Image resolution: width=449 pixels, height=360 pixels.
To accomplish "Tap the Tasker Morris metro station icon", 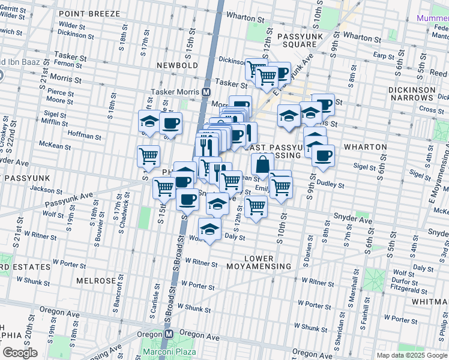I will [206, 92].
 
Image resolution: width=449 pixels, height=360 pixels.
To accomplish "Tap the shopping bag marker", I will [262, 164].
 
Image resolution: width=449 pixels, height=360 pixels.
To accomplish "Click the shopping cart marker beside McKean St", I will [148, 156].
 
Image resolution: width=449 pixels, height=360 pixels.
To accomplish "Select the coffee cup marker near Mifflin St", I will [170, 124].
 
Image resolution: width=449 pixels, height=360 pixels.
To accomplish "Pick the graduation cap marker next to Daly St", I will [209, 229].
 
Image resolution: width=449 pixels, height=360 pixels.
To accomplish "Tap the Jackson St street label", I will [46, 188].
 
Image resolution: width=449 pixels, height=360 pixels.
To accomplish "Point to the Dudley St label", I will [330, 185].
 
